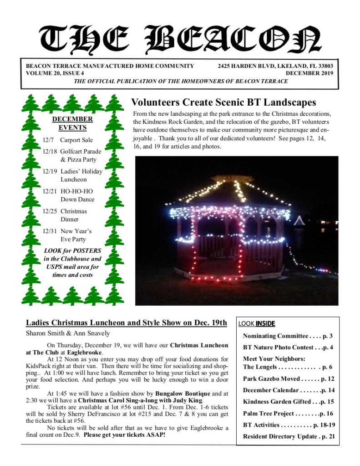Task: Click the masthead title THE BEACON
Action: pyautogui.click(x=180, y=38)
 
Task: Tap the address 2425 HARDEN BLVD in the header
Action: pyautogui.click(x=246, y=66)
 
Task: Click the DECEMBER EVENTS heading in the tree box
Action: pyautogui.click(x=72, y=123)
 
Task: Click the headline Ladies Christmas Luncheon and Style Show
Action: pyautogui.click(x=126, y=323)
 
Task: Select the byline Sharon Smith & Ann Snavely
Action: pyautogui.click(x=68, y=333)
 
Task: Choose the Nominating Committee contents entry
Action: pyautogui.click(x=288, y=336)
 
